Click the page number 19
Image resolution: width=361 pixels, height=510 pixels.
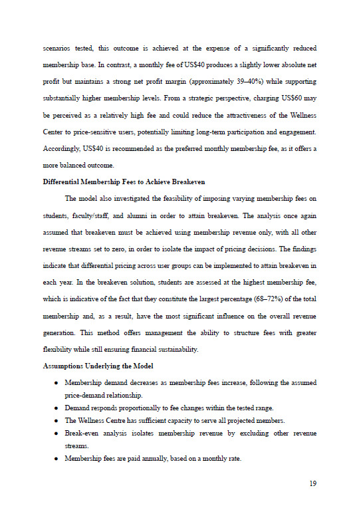[x=312, y=483]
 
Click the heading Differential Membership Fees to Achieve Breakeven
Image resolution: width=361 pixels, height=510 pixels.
[x=124, y=181]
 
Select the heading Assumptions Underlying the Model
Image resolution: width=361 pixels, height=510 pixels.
[x=98, y=366]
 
